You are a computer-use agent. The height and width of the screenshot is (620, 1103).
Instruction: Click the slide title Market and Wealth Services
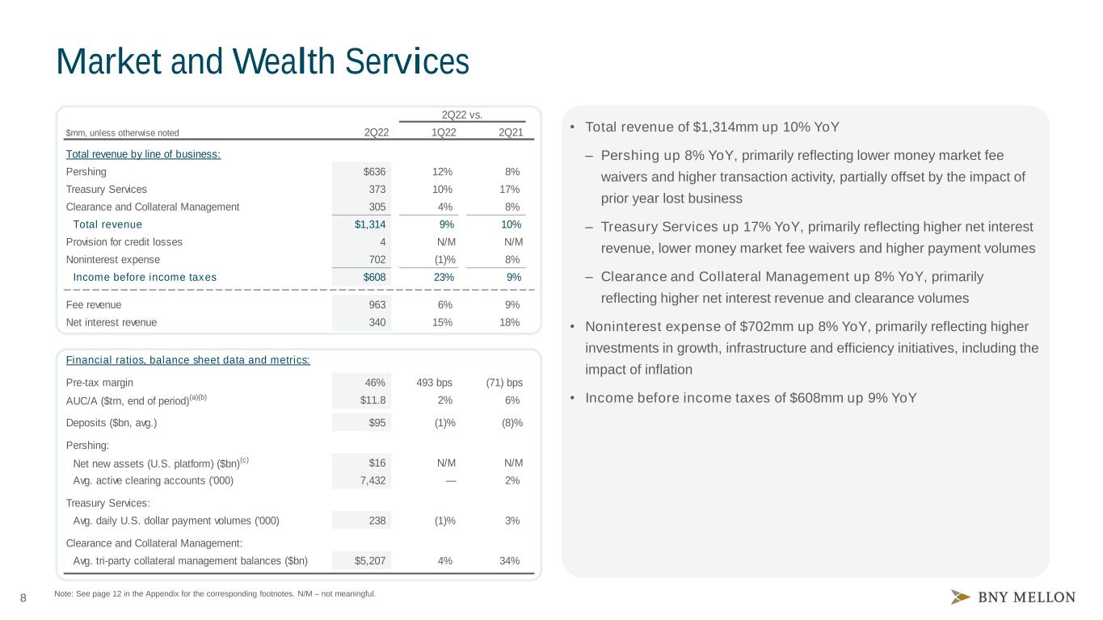263,61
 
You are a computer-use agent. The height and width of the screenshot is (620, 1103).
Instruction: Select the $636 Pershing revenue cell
374,172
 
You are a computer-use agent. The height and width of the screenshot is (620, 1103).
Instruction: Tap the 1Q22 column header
444,132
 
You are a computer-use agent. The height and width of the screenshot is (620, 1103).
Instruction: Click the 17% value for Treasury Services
510,190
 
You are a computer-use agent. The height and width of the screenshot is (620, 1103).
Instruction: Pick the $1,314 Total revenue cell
370,224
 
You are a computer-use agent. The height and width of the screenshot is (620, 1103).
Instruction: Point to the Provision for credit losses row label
124,242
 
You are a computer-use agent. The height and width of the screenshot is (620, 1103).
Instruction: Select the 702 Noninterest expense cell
377,260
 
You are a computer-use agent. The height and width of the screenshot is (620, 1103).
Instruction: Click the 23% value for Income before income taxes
444,278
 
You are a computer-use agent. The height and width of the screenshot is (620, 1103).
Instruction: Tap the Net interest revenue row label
112,322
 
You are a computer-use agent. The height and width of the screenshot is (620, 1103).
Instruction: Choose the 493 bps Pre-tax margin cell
434,383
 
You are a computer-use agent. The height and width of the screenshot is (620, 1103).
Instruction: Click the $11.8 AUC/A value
373,400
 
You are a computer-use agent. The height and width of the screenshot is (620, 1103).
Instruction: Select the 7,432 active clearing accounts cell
373,481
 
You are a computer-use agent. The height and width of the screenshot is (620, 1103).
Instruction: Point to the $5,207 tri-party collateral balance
370,561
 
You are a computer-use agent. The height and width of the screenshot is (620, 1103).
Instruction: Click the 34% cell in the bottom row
510,561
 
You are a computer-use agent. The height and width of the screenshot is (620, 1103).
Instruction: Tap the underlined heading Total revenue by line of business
143,154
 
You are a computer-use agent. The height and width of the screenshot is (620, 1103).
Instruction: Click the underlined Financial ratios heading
188,360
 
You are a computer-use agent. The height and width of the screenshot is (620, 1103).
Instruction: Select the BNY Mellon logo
1012,597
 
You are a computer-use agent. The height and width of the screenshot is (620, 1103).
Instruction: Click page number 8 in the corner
23,598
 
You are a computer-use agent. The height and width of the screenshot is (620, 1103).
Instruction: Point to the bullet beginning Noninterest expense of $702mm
811,349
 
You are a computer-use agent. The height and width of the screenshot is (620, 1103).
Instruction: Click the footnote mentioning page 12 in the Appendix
215,594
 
